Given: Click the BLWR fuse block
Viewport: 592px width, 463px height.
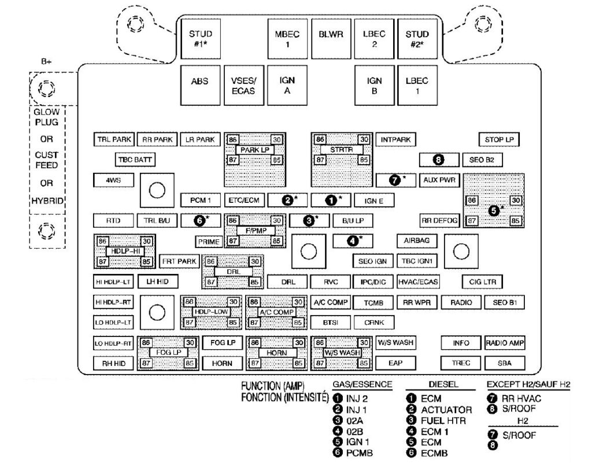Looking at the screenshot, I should click(x=331, y=39).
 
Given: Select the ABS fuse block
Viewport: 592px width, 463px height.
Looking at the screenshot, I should click(x=199, y=86).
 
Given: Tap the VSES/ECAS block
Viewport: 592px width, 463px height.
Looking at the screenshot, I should click(x=243, y=86).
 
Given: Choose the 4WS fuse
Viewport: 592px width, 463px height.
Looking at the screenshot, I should click(x=113, y=180).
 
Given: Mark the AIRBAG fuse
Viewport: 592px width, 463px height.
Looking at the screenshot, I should click(x=416, y=240).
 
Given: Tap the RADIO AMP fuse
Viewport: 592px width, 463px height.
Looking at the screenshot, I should click(x=505, y=343).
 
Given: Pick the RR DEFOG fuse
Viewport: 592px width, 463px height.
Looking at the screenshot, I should click(x=439, y=220).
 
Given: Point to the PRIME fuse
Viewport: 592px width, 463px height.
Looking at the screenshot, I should click(x=208, y=242).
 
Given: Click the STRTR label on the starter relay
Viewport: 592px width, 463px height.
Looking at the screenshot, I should click(x=341, y=150).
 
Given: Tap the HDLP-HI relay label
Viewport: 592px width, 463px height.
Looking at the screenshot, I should click(x=124, y=251).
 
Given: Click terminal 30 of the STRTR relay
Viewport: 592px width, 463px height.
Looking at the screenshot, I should click(x=364, y=140).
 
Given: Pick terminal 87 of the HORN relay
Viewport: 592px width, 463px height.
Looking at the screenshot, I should click(x=253, y=364).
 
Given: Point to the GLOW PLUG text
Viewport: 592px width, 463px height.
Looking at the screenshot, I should click(x=46, y=117).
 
